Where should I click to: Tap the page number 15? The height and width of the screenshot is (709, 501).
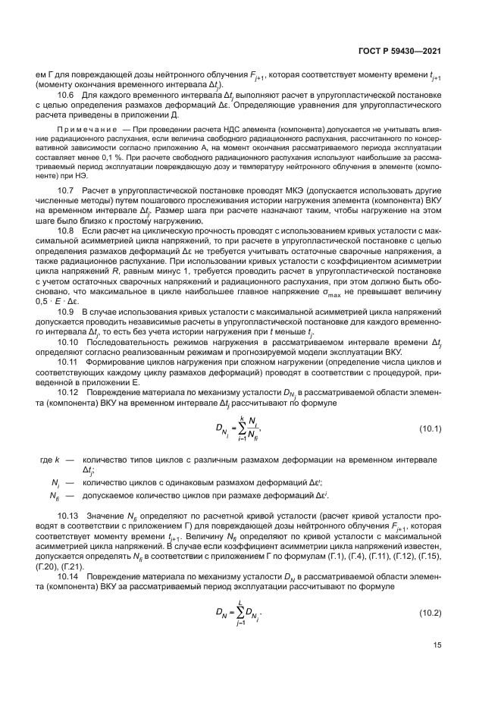437,645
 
